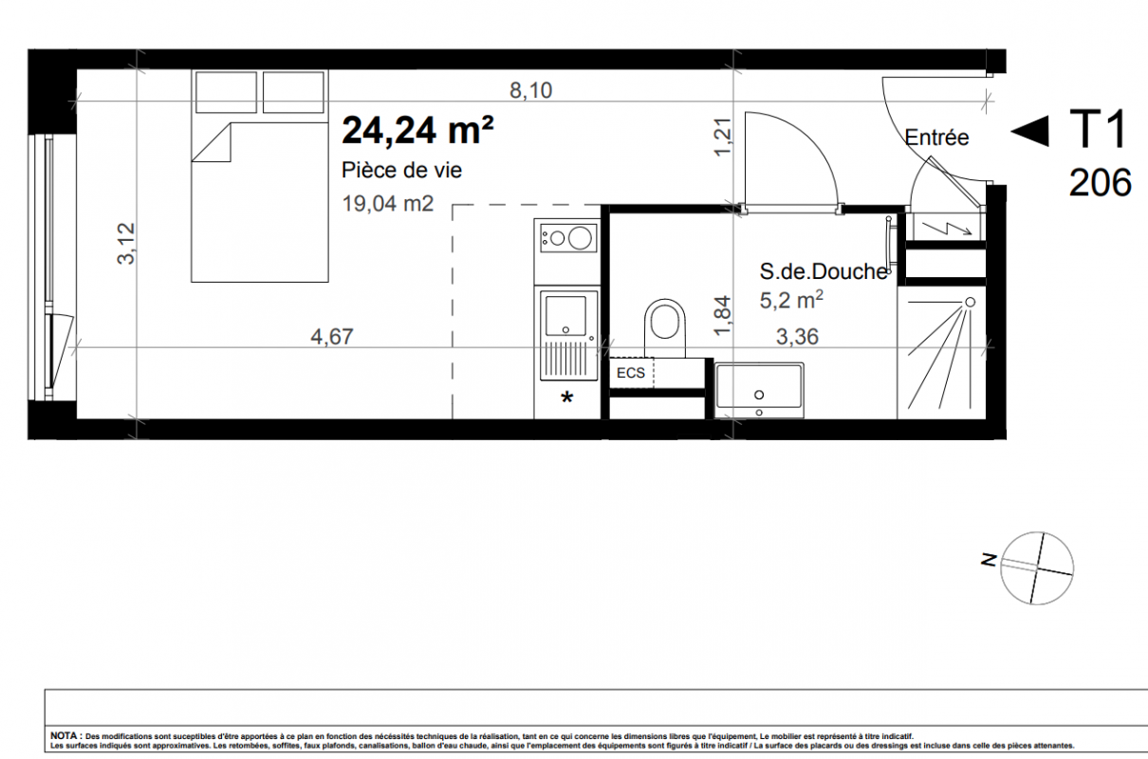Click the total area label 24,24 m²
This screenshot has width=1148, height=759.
pos(417,131)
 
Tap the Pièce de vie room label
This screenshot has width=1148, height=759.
pos(402,170)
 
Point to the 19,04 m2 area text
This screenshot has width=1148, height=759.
pos(388,203)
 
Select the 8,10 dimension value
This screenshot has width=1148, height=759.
pos(531,90)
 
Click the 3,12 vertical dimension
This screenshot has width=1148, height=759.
pos(126,244)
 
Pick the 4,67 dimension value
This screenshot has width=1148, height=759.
pos(332,337)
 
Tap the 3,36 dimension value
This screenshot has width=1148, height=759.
pos(798,337)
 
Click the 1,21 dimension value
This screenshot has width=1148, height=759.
pos(722,137)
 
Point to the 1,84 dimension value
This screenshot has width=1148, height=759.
pos(722,316)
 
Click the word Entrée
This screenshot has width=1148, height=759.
pos(936,138)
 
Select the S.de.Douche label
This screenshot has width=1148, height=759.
pos(824,271)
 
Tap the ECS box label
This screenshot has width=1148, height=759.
pos(631,373)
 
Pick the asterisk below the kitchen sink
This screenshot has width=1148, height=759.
pos(566,398)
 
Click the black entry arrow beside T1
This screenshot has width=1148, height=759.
pos(1030,131)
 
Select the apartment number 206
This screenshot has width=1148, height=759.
pos(1100,183)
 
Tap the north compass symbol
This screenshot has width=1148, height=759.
pos(1036,568)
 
